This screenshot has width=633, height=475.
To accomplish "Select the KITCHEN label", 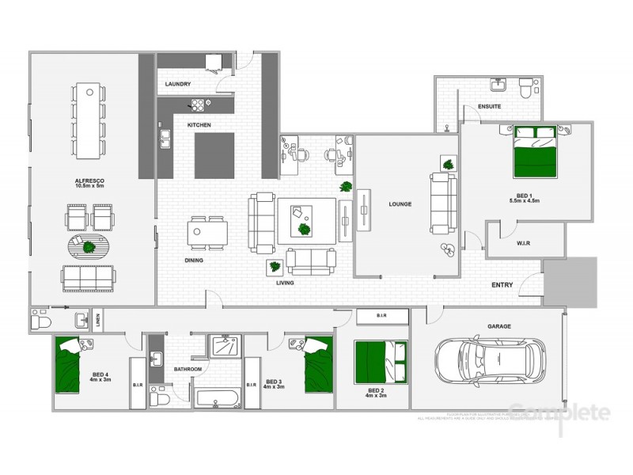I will coord(198,125).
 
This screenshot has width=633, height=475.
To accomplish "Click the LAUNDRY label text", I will coord(179,84).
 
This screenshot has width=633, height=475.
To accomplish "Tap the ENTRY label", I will coord(502,285).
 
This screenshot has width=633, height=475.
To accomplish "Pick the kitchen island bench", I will coord(214,154).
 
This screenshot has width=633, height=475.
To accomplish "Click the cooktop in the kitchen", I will coord(195,104).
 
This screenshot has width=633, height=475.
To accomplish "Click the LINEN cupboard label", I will coord(97,319).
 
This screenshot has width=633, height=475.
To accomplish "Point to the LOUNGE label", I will coord(400,204).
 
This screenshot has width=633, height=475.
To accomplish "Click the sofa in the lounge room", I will coord(442,203).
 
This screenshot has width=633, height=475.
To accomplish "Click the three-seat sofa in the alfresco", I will coord(87,277).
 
